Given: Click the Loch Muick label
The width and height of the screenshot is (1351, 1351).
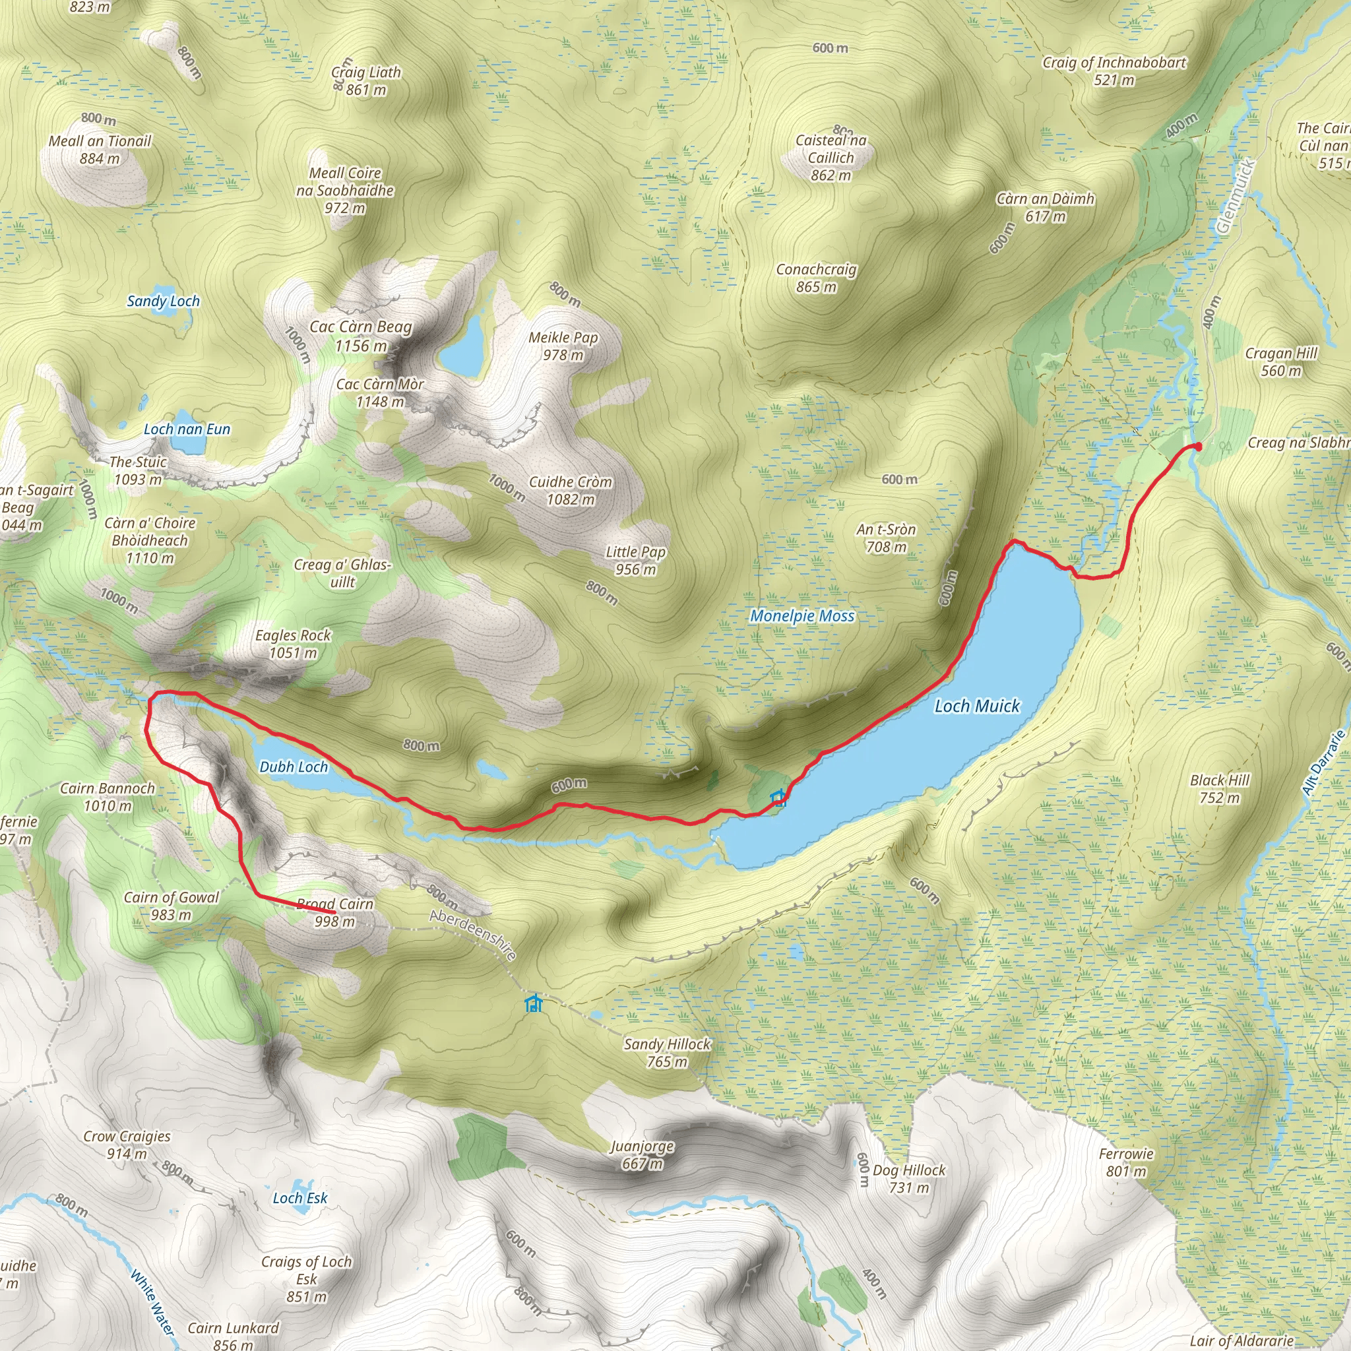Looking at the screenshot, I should [976, 707].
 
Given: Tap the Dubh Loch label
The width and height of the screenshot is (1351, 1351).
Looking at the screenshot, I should [294, 767].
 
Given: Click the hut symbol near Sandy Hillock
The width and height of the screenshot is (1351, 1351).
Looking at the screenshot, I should [534, 1003].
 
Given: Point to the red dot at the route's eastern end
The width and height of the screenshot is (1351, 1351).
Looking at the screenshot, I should [1197, 446].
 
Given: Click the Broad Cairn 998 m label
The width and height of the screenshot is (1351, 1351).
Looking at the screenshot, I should [335, 912].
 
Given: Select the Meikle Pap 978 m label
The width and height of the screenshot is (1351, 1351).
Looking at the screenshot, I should [563, 346].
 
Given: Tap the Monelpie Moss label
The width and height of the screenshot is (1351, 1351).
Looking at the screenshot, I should [802, 616].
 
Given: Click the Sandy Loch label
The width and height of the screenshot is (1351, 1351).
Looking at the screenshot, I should [163, 301].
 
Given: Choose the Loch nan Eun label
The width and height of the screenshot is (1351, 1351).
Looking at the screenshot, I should [187, 429].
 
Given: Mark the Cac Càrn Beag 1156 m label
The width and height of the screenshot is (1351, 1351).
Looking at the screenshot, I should [361, 336].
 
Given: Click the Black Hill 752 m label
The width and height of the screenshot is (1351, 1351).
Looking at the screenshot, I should [1220, 789].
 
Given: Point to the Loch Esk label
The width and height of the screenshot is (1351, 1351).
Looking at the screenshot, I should [300, 1198].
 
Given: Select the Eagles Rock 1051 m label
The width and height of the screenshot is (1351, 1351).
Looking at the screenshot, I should [293, 644].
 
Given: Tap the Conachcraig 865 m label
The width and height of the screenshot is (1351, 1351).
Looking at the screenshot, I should [816, 278].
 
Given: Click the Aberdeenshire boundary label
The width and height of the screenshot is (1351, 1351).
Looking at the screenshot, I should [474, 935].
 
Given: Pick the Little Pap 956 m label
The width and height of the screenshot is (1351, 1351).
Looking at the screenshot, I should [636, 561].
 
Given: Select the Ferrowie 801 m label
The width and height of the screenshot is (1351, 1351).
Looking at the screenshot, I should [1126, 1162].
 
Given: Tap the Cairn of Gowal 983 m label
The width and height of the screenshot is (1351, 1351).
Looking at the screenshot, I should [172, 906].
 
